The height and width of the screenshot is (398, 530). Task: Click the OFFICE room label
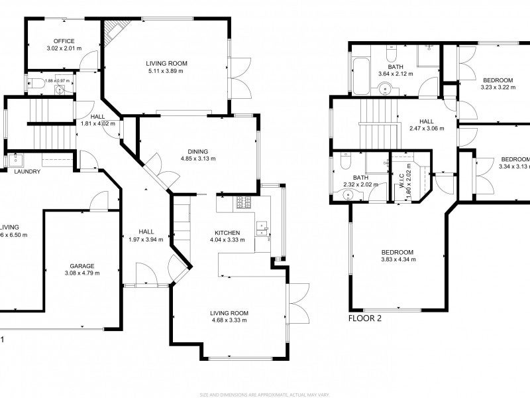[x=64, y=41]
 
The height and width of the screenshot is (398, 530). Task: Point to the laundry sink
[x=15, y=159]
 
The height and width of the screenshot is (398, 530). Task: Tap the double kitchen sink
[x=263, y=228]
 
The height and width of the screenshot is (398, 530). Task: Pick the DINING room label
[x=197, y=151]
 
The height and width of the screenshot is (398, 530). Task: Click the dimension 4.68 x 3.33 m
[x=229, y=320]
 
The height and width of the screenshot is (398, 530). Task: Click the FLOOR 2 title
[x=364, y=318]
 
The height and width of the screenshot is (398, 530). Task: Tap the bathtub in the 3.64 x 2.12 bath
[x=360, y=75]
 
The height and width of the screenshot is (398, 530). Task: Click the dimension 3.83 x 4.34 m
[x=397, y=260]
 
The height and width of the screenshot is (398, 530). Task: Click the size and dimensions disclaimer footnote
[x=264, y=394]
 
